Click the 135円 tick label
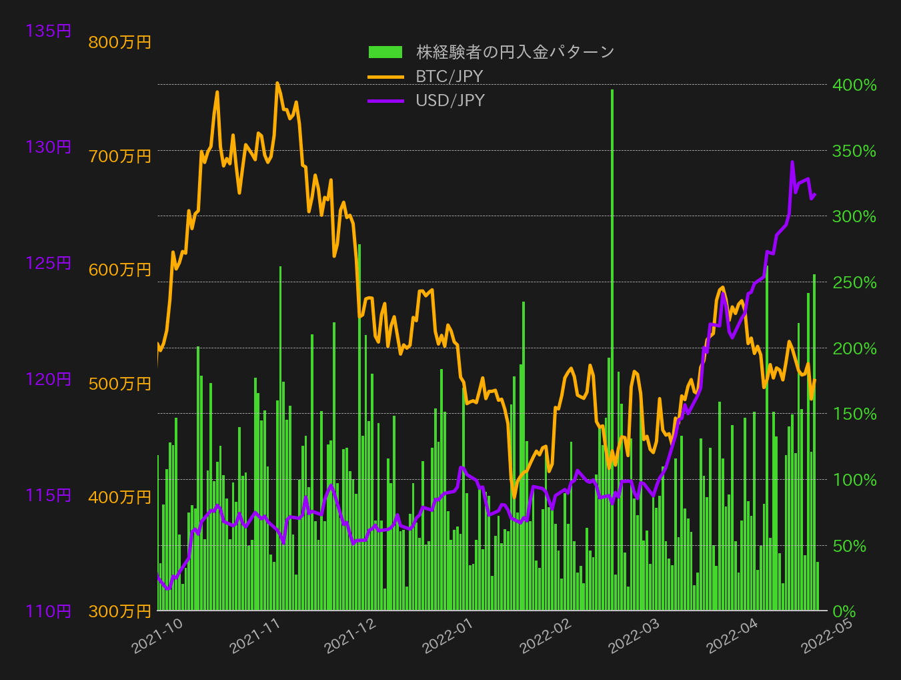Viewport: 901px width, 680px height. [x=48, y=31]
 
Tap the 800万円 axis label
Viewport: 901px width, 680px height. [x=119, y=42]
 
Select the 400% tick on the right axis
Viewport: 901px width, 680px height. [x=854, y=85]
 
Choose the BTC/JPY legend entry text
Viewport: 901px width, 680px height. [x=449, y=76]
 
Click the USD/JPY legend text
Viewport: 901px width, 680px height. [x=450, y=100]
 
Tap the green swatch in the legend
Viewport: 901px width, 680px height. [x=385, y=52]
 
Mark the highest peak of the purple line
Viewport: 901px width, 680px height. [x=792, y=162]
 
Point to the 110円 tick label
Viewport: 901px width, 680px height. [x=48, y=611]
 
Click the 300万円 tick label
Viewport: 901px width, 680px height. [x=119, y=611]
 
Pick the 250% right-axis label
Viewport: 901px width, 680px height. [x=854, y=282]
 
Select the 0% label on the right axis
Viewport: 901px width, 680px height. [x=844, y=611]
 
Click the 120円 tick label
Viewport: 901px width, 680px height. [x=48, y=379]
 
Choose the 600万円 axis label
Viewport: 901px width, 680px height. [x=119, y=270]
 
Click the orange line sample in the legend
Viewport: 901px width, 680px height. [x=385, y=77]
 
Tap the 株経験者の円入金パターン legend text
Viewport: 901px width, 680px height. [x=515, y=52]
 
